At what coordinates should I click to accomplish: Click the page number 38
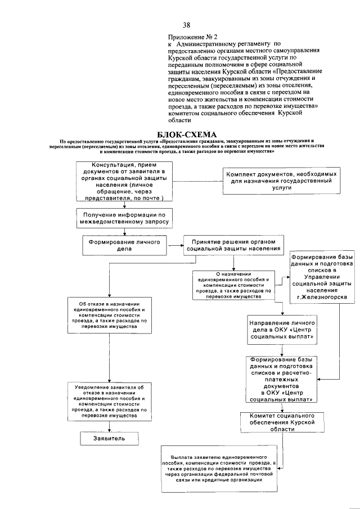tap(186, 25)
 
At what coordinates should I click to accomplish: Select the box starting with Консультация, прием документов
tap(124, 181)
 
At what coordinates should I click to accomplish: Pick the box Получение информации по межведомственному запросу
tap(124, 218)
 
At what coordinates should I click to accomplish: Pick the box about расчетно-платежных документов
tap(281, 379)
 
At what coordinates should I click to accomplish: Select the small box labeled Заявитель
tap(109, 438)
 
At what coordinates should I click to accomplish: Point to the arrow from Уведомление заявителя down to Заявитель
tap(109, 426)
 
